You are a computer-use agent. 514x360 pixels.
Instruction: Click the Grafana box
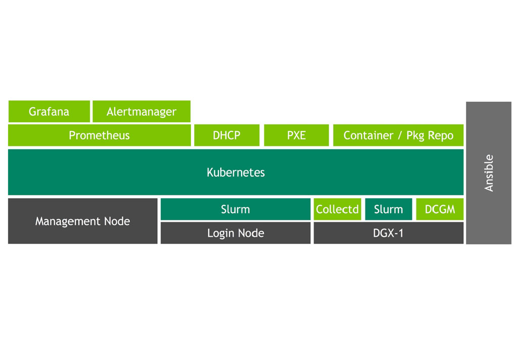click(x=49, y=112)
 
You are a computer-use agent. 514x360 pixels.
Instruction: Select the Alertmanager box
click(x=142, y=112)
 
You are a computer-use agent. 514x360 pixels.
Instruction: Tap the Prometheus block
click(x=99, y=136)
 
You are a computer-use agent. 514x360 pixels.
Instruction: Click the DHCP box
click(x=226, y=136)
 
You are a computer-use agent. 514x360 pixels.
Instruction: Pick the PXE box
click(x=296, y=136)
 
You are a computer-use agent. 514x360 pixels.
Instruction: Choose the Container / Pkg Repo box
click(x=398, y=136)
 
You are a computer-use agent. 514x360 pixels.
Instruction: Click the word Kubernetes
click(x=236, y=172)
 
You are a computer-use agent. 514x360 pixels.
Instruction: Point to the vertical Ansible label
click(x=489, y=173)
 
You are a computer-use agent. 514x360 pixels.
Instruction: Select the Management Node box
click(x=82, y=221)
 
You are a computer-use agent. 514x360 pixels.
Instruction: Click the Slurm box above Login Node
click(x=236, y=209)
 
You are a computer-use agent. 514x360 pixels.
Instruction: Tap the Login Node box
click(x=236, y=233)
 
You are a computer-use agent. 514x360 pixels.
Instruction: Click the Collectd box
click(x=337, y=209)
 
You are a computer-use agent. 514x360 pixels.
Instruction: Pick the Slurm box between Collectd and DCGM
click(x=388, y=209)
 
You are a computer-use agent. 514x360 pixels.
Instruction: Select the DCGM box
click(x=440, y=209)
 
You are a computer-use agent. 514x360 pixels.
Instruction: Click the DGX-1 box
click(x=388, y=233)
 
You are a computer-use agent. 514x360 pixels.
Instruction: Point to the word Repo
click(x=441, y=136)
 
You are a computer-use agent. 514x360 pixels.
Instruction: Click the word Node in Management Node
click(x=117, y=221)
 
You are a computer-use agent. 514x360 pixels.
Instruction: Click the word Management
click(x=68, y=221)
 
